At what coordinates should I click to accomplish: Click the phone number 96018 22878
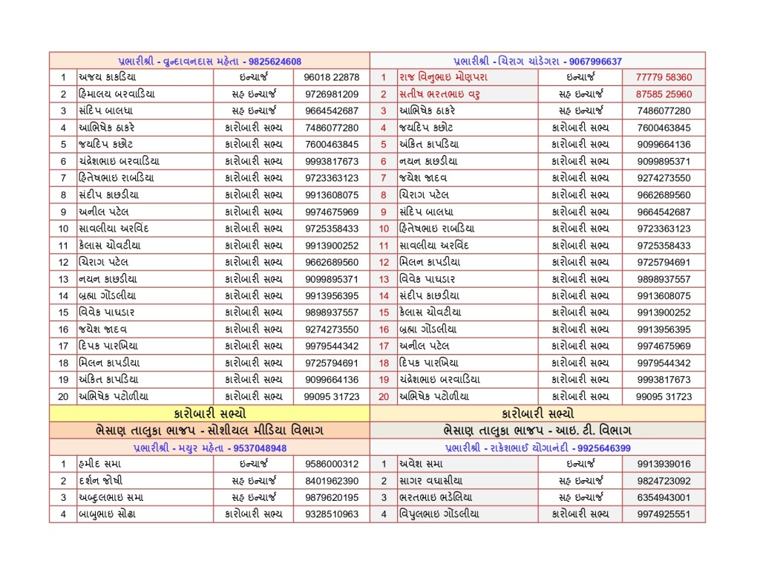coord(332,77)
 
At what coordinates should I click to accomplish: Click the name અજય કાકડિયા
coord(108,77)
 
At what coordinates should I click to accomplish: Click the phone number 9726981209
coord(332,94)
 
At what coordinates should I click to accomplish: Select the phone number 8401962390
coord(332,481)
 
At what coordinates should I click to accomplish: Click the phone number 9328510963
coord(332,514)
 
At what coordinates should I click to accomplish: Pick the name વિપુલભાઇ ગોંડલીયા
coord(439,514)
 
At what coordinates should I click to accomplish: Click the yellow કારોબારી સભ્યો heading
coord(209,413)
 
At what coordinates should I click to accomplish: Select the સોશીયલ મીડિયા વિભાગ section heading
coord(209,430)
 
